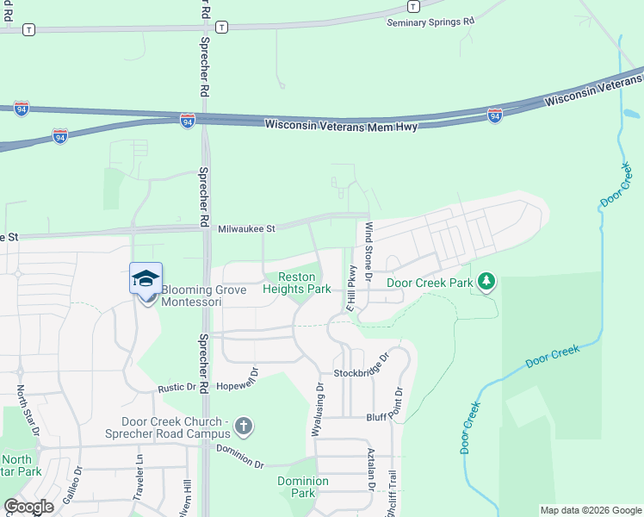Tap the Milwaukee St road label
(x=246, y=228)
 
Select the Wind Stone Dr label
(x=368, y=252)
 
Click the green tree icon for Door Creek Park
(x=486, y=281)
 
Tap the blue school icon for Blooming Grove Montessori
(x=146, y=278)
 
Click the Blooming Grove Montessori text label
(x=203, y=296)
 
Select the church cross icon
(x=244, y=426)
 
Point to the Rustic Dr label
(x=176, y=389)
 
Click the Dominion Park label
(x=302, y=487)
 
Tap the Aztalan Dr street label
(x=371, y=470)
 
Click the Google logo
(x=29, y=507)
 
